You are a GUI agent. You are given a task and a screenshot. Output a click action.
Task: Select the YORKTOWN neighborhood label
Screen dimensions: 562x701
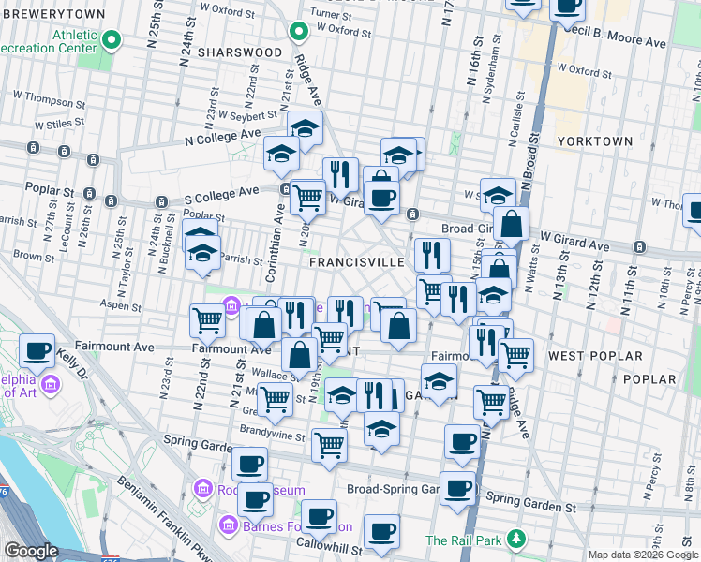click(x=595, y=140)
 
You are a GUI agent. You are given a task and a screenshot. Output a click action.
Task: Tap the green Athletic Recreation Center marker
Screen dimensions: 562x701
click(x=112, y=40)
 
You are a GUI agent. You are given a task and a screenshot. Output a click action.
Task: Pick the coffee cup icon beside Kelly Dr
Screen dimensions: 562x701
click(x=37, y=351)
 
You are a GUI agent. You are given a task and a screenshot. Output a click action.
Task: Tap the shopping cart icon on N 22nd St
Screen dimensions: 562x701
click(x=207, y=320)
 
